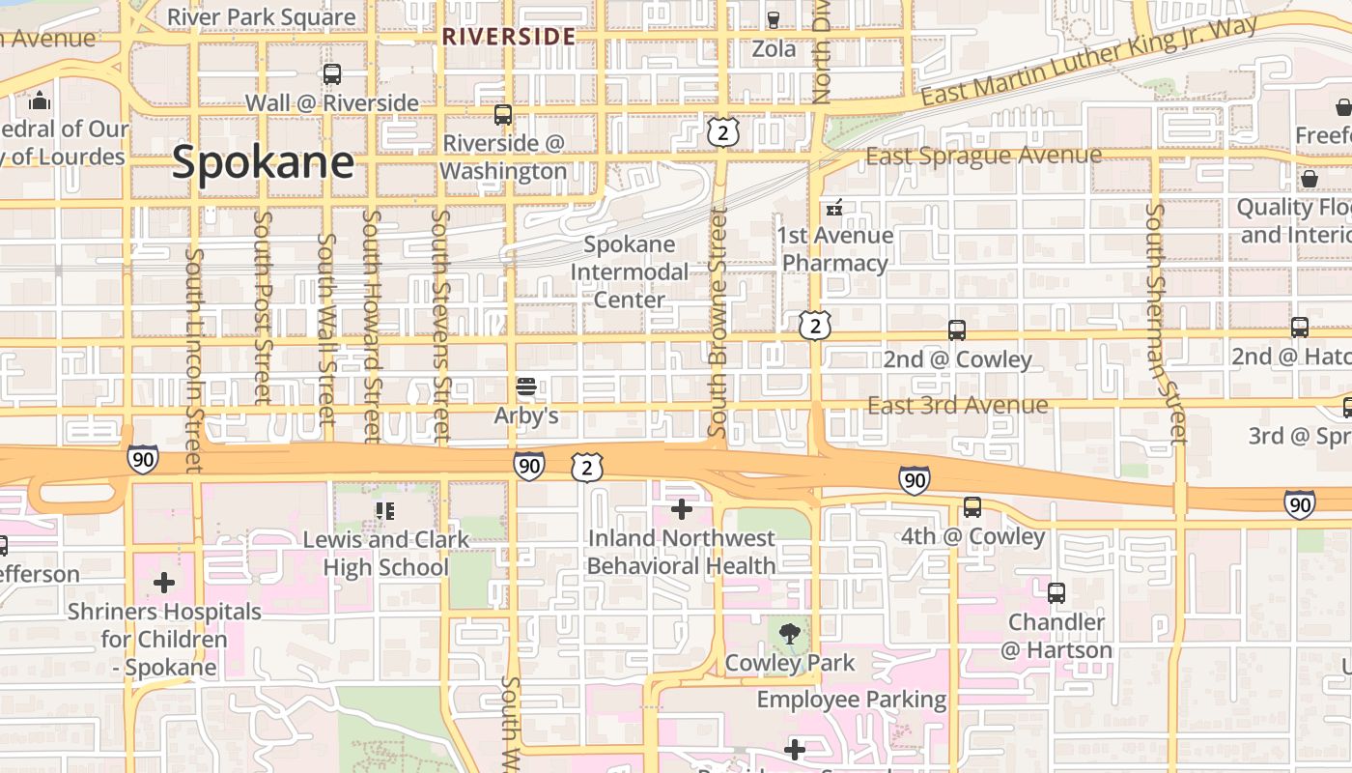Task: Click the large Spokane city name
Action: (263, 162)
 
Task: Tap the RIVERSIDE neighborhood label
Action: (509, 38)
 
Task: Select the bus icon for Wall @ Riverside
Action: (332, 73)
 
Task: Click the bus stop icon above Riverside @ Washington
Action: (502, 115)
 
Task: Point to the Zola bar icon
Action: (774, 19)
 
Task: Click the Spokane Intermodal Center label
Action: (630, 272)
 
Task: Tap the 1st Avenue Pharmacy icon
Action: (834, 207)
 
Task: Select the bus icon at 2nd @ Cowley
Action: (957, 330)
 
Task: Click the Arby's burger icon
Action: (526, 387)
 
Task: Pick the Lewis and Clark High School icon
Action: (384, 510)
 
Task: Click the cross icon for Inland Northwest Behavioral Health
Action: (682, 508)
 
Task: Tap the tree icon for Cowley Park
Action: (790, 634)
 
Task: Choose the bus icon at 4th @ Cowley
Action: (972, 507)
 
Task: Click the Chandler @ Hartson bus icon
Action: (1056, 592)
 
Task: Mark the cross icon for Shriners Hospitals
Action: (164, 583)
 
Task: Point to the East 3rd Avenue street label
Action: (957, 405)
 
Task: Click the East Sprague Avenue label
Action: (983, 156)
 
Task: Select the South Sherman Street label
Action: (1165, 324)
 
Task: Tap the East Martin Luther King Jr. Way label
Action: (1088, 61)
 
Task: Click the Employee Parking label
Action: (851, 699)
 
